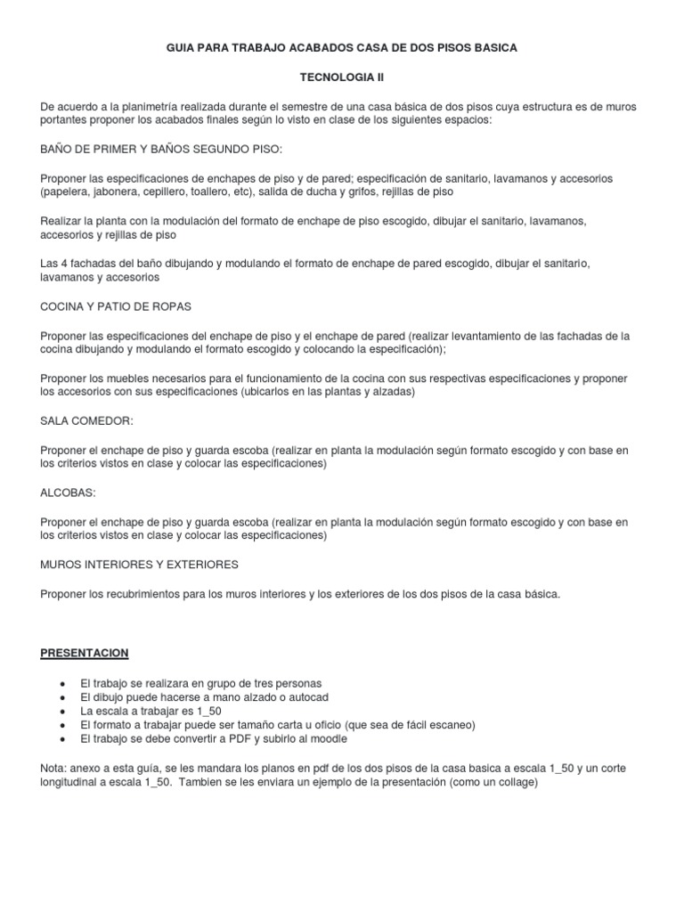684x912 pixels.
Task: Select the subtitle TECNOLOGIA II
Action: coord(341,77)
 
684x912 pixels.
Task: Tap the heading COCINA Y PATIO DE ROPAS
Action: coord(117,305)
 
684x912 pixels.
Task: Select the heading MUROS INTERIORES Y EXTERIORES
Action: coord(139,564)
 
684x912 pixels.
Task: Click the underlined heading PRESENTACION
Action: coord(85,653)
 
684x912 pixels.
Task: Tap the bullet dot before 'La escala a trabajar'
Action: coord(61,712)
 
